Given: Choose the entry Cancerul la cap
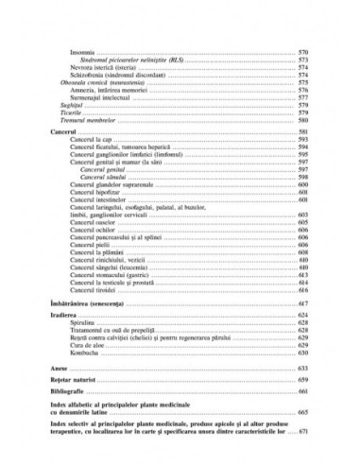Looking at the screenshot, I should tap(94, 139).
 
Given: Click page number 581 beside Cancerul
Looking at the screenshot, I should tap(302, 131).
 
